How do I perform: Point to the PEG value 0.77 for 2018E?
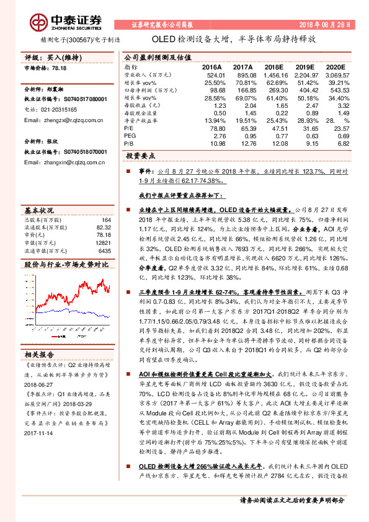(x=277, y=136)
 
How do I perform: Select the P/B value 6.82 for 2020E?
(x=340, y=143)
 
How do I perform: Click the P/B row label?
(x=129, y=143)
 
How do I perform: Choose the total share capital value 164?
(x=105, y=219)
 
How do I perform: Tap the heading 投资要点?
(x=140, y=157)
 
